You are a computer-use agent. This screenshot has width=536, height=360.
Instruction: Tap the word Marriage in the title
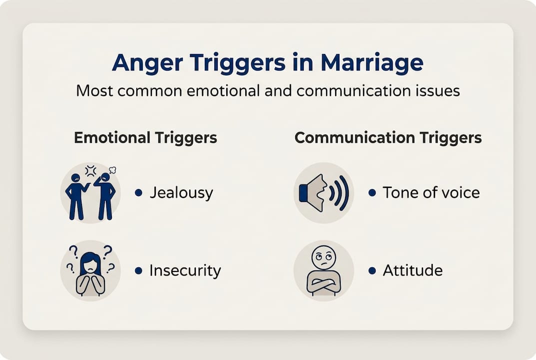coord(372,63)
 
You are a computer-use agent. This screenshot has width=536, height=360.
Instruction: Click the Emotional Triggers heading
coord(145,138)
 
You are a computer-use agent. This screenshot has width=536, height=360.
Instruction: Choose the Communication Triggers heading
coord(388,138)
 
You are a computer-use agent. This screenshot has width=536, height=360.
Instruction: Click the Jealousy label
coord(181,193)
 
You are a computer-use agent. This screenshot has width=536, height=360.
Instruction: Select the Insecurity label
coord(185,270)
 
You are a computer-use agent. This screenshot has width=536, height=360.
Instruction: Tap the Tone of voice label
coord(431,192)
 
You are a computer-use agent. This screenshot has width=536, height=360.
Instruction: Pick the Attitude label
coord(413,270)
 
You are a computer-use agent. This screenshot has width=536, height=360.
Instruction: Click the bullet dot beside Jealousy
coord(138,193)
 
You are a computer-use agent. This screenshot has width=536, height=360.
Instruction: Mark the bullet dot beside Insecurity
coord(138,270)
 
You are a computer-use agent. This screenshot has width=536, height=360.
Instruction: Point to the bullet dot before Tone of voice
coord(372,192)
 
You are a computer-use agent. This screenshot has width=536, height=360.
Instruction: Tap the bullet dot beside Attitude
coord(372,270)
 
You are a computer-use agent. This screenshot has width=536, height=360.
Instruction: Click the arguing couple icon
coord(90,192)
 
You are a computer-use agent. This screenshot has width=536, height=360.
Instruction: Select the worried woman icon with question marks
coord(90,270)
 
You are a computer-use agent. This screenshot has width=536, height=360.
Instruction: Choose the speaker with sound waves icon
coord(324,192)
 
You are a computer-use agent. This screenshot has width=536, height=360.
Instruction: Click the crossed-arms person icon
coord(324,270)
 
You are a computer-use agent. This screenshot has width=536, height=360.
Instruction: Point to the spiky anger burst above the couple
coord(90,171)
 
